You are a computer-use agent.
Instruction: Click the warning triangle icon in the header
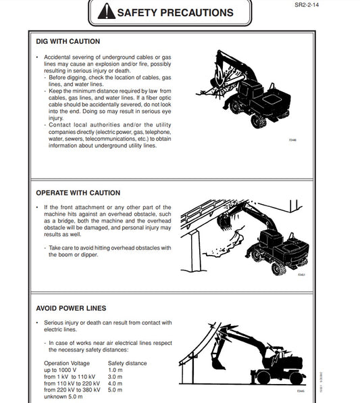point(106,11)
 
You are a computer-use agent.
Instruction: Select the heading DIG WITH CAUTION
point(68,42)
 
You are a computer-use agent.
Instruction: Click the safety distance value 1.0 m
point(115,371)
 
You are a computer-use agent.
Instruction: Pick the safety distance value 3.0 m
point(115,377)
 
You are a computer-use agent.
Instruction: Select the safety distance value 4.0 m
point(115,383)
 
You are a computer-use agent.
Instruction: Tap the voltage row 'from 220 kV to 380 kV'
point(72,390)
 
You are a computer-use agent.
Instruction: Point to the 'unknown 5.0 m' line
point(64,397)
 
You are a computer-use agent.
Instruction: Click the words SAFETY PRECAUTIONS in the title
point(175,12)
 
